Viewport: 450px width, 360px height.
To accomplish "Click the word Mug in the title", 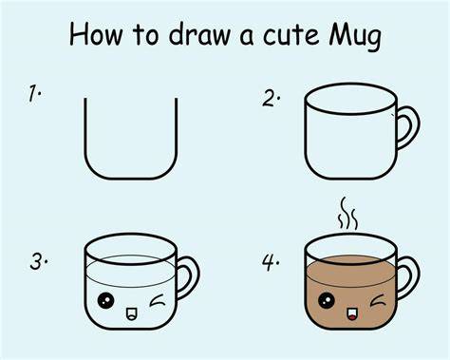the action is pyautogui.click(x=355, y=36).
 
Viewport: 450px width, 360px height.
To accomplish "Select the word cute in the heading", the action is pyautogui.click(x=291, y=35).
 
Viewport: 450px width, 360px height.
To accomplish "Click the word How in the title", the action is pyautogui.click(x=95, y=34).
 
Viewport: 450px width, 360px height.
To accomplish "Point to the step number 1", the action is pyautogui.click(x=33, y=93).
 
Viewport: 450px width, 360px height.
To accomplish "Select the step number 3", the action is pyautogui.click(x=37, y=261).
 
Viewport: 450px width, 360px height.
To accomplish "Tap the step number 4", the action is pyautogui.click(x=269, y=262).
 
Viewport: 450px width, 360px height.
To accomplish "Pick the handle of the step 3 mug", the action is pyautogui.click(x=197, y=277).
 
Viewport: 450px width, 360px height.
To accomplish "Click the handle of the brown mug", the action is pyautogui.click(x=417, y=277).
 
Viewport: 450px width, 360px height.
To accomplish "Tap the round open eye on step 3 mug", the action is pyautogui.click(x=105, y=300).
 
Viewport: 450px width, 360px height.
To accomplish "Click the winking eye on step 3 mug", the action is pyautogui.click(x=157, y=300).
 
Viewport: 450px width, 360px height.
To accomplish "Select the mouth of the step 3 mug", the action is pyautogui.click(x=131, y=313).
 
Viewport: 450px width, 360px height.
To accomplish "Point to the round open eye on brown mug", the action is pyautogui.click(x=327, y=300).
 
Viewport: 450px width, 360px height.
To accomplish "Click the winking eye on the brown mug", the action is pyautogui.click(x=377, y=300).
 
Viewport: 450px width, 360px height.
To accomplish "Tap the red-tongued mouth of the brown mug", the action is pyautogui.click(x=351, y=313).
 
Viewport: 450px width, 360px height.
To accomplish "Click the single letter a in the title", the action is pyautogui.click(x=247, y=37).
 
